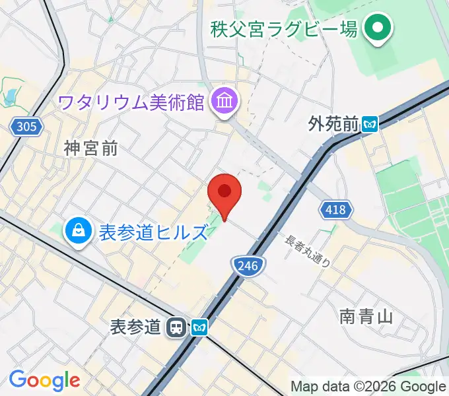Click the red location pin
point(224,193)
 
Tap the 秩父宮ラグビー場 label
point(284,29)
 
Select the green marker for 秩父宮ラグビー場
point(379,30)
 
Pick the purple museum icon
point(224,102)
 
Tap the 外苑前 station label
point(333,123)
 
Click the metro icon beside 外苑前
point(370,123)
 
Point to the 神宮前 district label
point(91,149)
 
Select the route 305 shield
point(26,125)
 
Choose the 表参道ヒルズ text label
point(153,232)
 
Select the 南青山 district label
point(367,316)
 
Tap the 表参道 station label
point(135,326)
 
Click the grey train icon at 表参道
point(176,326)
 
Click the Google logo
point(44,381)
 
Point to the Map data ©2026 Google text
point(368,386)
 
